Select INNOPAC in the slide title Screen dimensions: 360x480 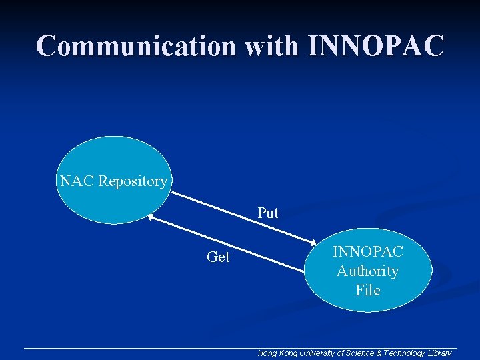pyautogui.click(x=376, y=45)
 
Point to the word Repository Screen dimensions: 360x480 pyautogui.click(x=133, y=181)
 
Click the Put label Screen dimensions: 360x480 pyautogui.click(x=268, y=213)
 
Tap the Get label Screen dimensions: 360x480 pyautogui.click(x=218, y=257)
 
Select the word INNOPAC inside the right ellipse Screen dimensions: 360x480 pyautogui.click(x=368, y=251)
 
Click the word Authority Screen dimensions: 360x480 pyautogui.click(x=368, y=271)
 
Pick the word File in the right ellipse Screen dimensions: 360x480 pyautogui.click(x=368, y=290)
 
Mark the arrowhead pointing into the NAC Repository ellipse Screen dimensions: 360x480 pyautogui.click(x=151, y=217)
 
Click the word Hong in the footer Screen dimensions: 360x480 pyautogui.click(x=268, y=353)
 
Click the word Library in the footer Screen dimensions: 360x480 pyautogui.click(x=440, y=353)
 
